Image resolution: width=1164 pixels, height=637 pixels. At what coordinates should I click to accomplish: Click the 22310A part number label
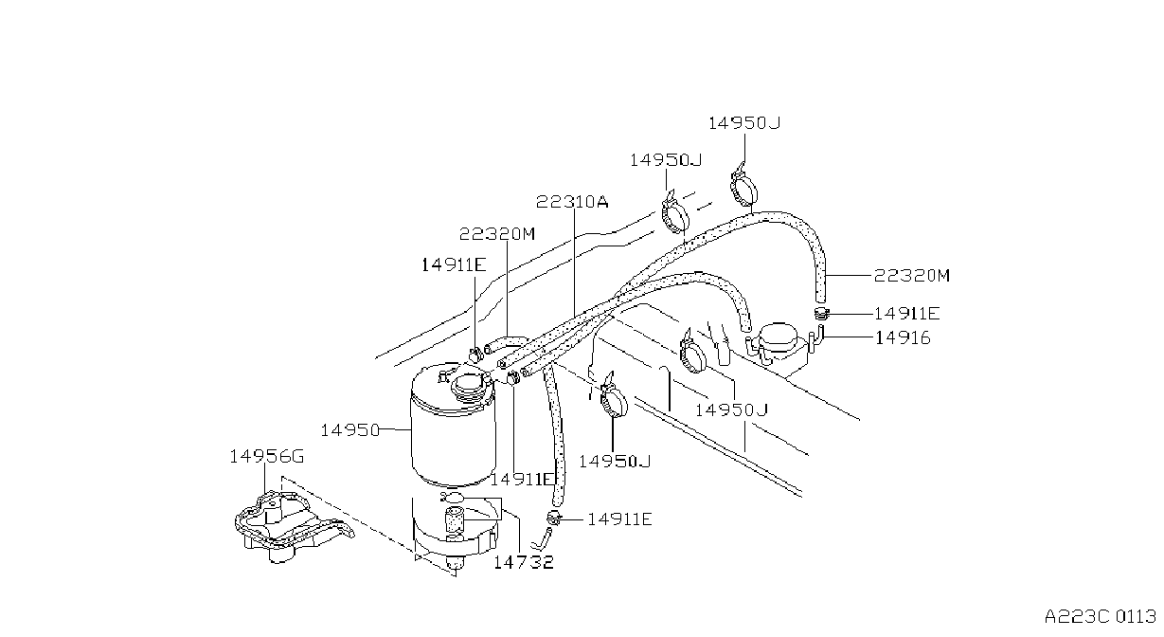(x=572, y=201)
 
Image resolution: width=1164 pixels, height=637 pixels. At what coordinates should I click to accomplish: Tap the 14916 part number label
(x=903, y=338)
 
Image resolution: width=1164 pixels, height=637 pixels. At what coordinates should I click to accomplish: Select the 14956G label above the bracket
(x=266, y=457)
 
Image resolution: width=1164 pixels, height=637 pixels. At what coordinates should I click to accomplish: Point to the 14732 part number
(x=524, y=562)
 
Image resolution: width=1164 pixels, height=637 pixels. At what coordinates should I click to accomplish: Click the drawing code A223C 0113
(x=1101, y=617)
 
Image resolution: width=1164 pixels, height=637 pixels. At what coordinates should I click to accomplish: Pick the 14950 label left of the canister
(x=350, y=430)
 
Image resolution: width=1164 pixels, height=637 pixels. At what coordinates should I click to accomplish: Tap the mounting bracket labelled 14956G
(x=291, y=526)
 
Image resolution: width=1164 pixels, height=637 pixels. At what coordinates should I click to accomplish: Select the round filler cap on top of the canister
(x=471, y=386)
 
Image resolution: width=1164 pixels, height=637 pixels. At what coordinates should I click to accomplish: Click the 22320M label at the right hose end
(x=911, y=275)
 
